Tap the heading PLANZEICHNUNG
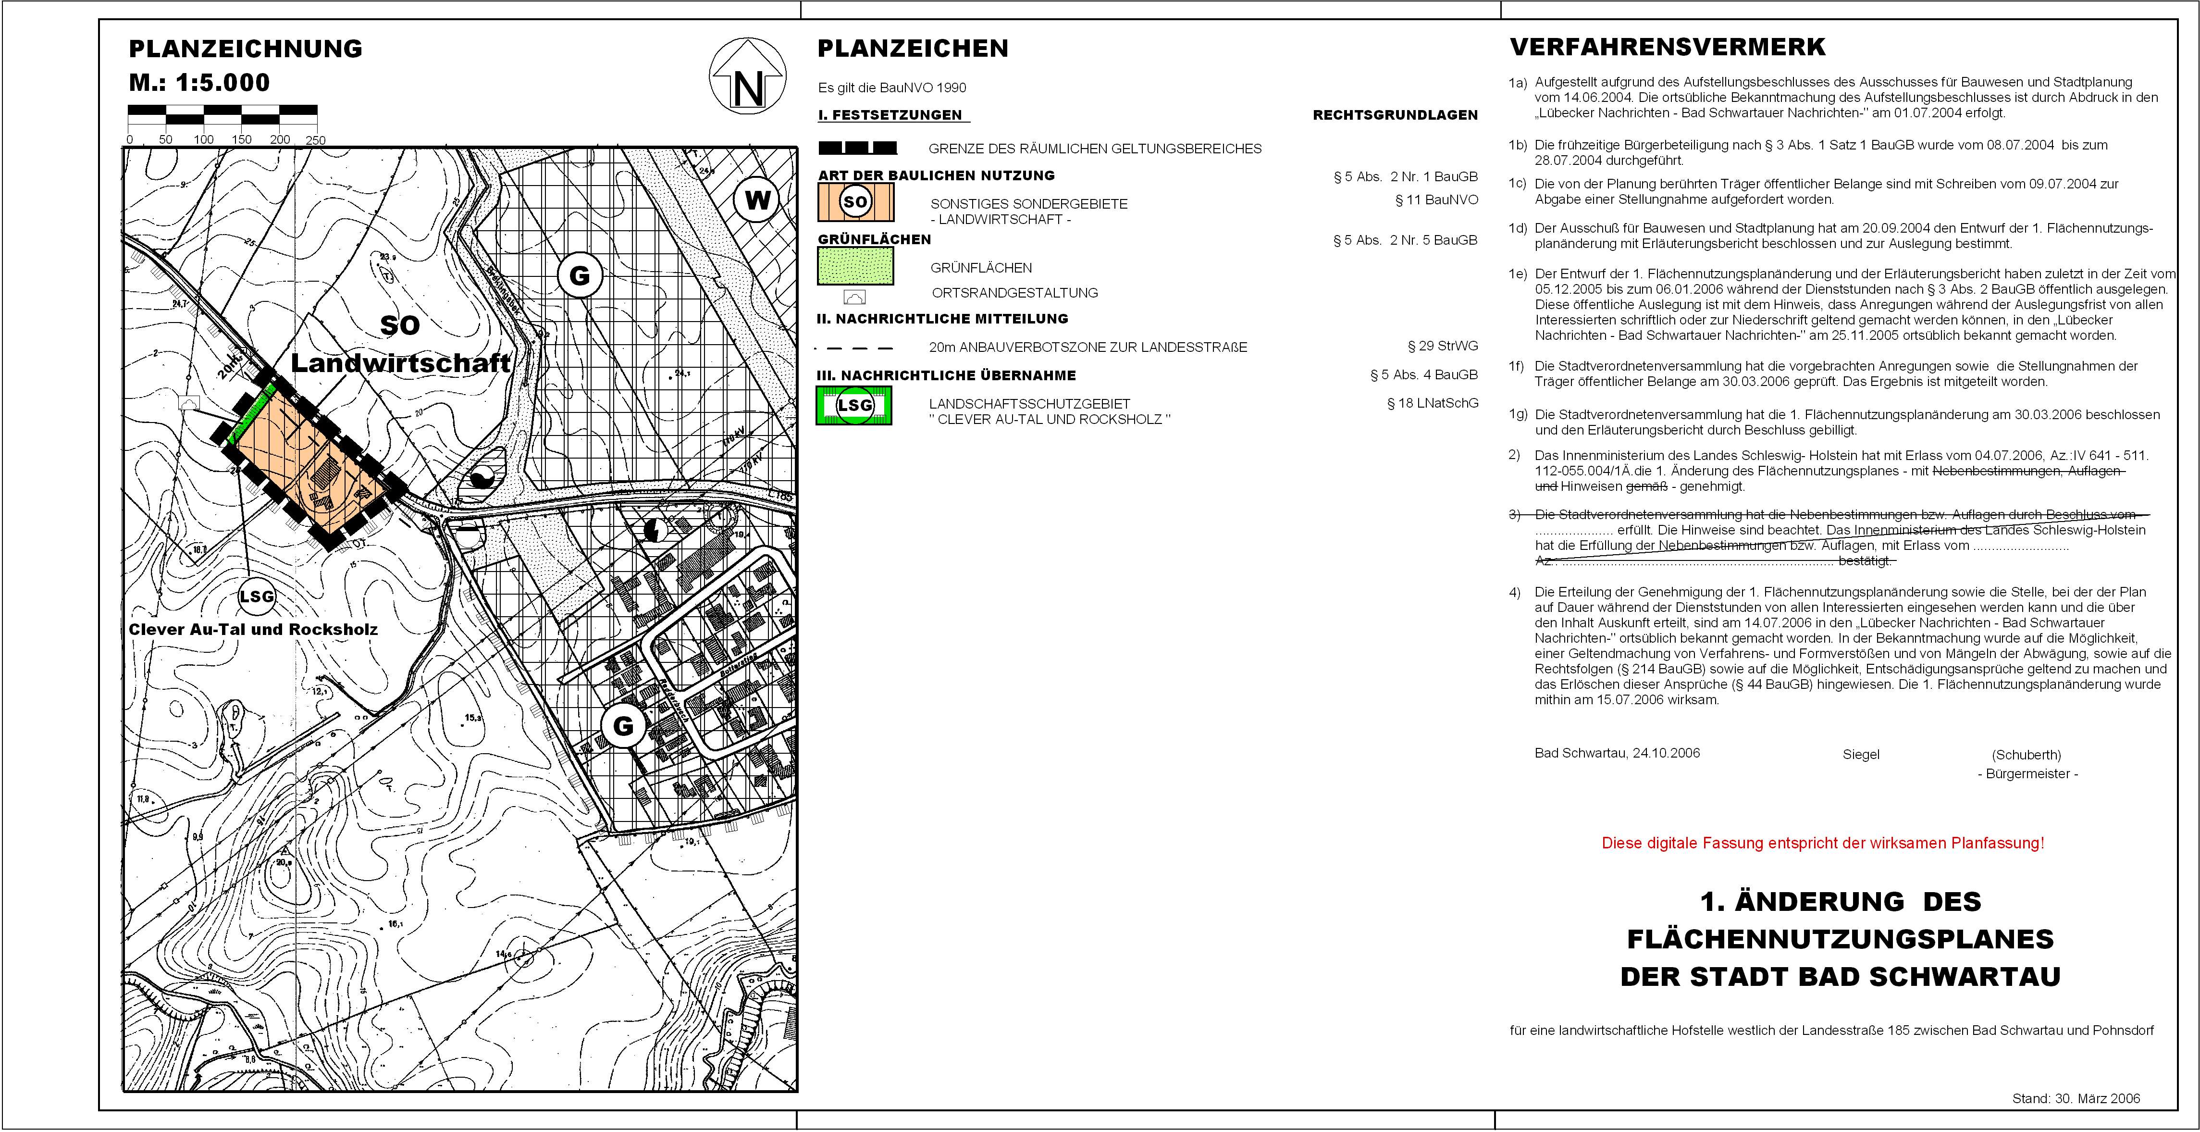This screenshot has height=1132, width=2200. (245, 49)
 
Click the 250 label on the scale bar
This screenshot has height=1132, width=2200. (315, 140)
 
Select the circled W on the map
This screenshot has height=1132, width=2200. (757, 201)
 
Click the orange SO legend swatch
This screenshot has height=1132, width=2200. (856, 201)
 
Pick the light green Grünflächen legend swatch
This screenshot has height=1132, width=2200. (856, 266)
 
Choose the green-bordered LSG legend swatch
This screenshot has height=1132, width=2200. (854, 406)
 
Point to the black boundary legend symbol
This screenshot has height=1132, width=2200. (857, 148)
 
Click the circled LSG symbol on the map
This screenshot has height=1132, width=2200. (256, 597)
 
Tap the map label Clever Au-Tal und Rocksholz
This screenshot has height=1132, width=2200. (253, 630)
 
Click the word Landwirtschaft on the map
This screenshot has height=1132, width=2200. (400, 363)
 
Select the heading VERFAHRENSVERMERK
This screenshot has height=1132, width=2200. (1667, 47)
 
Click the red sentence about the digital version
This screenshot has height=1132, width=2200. (1822, 843)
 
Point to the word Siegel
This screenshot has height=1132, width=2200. (1861, 754)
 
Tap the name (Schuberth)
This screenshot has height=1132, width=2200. (2026, 755)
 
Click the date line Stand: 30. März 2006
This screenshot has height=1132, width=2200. (2076, 1099)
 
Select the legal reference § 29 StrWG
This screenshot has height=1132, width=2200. (1443, 346)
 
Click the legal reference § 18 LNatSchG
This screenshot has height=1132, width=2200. (1432, 403)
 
